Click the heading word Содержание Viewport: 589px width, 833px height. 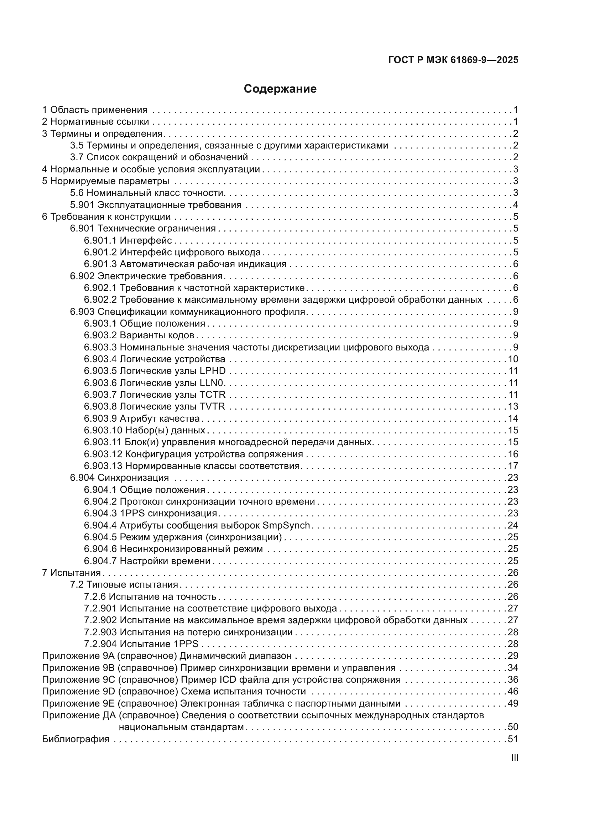tap(280, 89)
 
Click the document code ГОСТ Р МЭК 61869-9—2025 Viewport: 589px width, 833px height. tap(453, 60)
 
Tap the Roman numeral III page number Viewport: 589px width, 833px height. tap(514, 757)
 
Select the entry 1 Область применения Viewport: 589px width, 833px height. tap(95, 110)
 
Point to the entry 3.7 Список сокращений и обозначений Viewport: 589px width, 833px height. tap(159, 157)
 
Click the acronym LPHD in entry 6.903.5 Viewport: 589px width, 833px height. tap(213, 371)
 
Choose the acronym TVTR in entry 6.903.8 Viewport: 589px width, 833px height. tap(212, 406)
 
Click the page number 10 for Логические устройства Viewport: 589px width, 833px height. tap(513, 359)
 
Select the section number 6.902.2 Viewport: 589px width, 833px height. tap(100, 300)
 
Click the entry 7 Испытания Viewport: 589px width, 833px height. tap(71, 573)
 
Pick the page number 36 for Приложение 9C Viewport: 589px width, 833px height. tap(513, 680)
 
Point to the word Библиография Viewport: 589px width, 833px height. tap(76, 739)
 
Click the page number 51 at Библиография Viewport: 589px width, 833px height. tap(513, 739)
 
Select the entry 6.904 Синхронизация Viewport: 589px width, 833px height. tap(119, 478)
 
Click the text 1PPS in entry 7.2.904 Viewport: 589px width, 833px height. tap(186, 644)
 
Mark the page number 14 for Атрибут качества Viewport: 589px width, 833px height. tap(513, 418)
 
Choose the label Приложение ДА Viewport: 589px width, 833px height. tap(79, 715)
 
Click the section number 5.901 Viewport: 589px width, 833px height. tap(82, 205)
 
